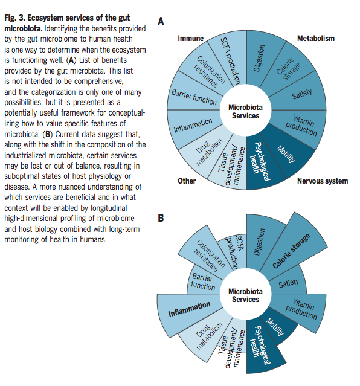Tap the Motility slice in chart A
[286, 154]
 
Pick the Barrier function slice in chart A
[193, 97]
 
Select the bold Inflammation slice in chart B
[189, 310]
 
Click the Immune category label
[191, 39]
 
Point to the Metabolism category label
[316, 39]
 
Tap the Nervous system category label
[323, 181]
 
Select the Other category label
[187, 181]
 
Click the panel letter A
[161, 21]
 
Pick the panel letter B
[161, 218]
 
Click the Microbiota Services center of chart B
[245, 295]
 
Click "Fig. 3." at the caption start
[14, 18]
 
